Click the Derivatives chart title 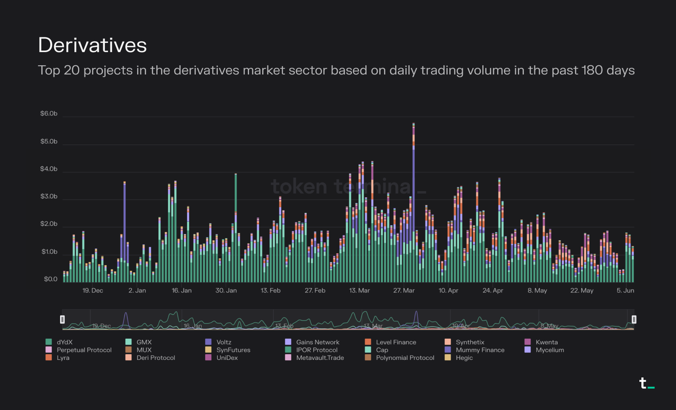click(x=92, y=45)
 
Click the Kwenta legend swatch click(x=528, y=342)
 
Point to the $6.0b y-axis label click(x=49, y=114)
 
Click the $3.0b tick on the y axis click(x=49, y=196)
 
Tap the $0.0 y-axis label click(x=50, y=279)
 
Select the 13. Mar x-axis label click(x=359, y=291)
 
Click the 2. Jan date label click(x=137, y=291)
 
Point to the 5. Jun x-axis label click(x=625, y=291)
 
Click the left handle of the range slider click(x=63, y=319)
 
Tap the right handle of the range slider click(x=634, y=319)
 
